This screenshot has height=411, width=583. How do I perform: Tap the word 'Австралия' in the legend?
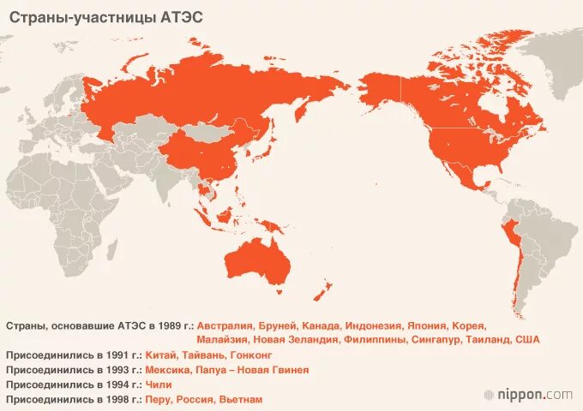pos(225,326)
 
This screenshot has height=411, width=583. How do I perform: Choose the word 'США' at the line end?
pos(527,340)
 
